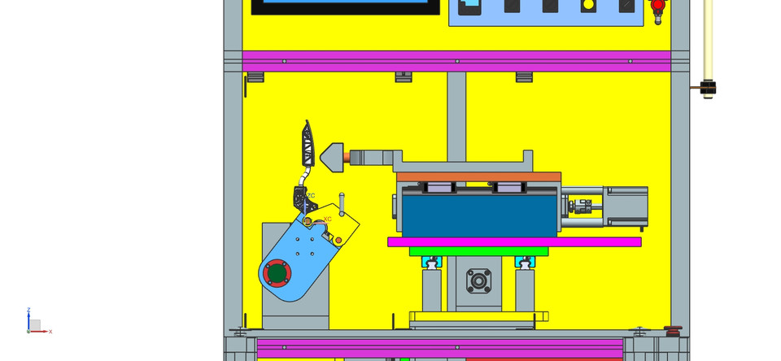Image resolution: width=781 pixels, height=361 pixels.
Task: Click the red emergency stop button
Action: [658, 7]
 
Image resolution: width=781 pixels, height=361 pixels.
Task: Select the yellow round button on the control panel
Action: [588, 5]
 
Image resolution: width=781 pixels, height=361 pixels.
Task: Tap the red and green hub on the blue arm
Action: [277, 272]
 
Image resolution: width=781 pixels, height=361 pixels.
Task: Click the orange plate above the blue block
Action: [478, 176]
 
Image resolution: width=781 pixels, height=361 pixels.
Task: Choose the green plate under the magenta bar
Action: [478, 251]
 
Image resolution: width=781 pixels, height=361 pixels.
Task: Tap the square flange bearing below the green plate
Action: [478, 282]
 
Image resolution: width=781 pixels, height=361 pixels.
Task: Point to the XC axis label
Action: [327, 219]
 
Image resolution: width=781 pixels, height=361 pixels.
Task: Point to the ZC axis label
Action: [311, 196]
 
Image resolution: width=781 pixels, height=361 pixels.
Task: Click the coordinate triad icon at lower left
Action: [34, 324]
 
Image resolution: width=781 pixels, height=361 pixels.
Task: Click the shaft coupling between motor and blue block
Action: [581, 208]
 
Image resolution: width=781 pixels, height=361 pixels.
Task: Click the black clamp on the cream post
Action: [708, 88]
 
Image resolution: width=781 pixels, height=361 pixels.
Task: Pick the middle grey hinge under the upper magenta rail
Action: [404, 77]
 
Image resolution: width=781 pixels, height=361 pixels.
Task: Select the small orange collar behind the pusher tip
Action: [348, 158]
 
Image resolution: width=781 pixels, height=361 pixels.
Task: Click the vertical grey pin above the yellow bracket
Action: [342, 203]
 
